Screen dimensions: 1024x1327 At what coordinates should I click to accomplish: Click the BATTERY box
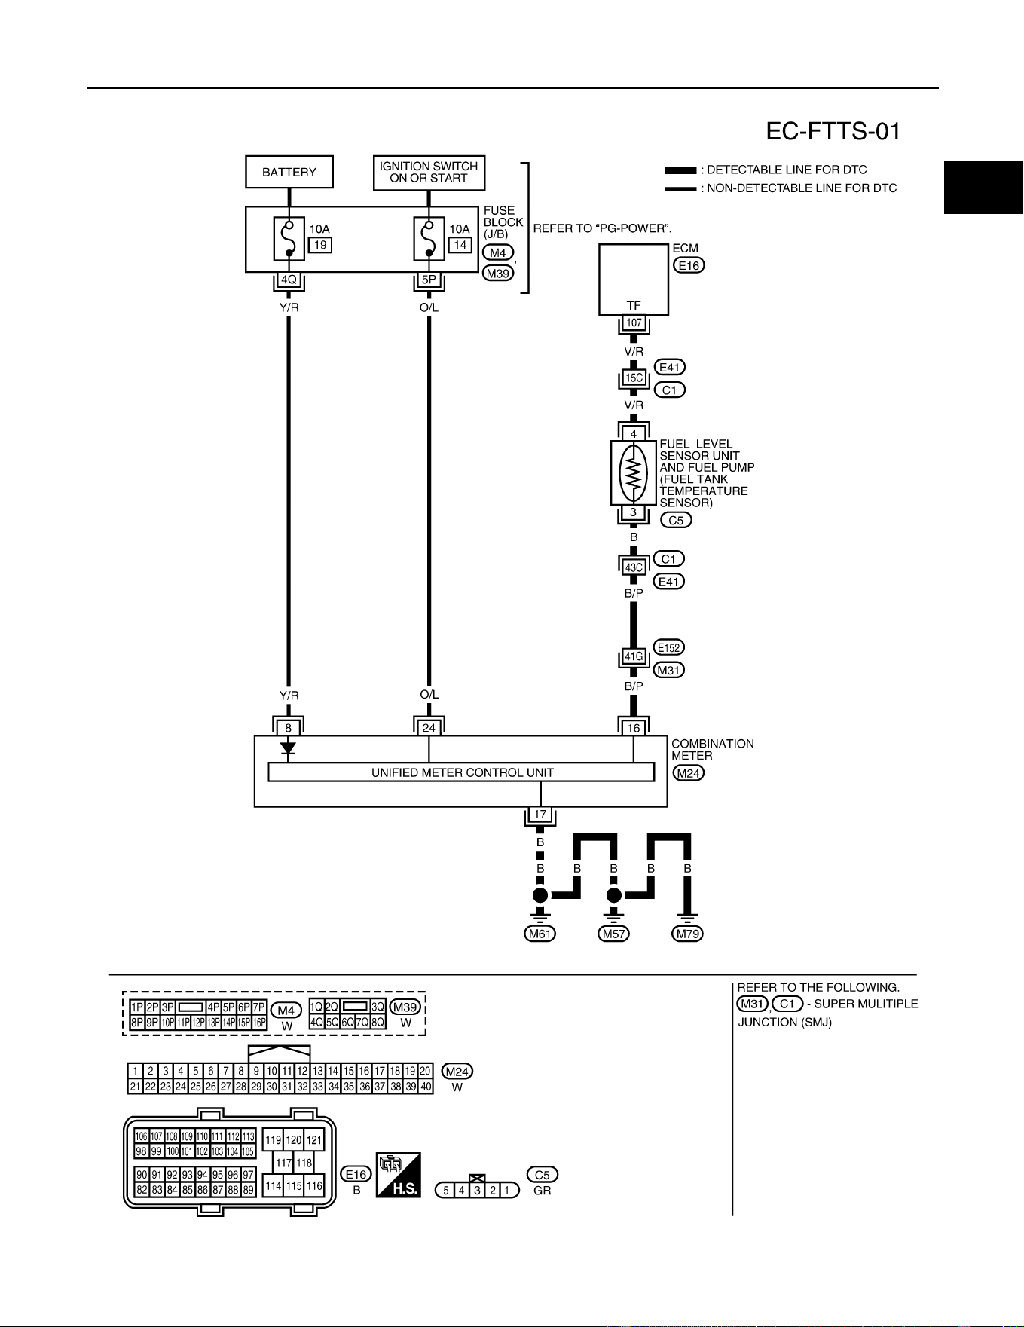click(x=289, y=172)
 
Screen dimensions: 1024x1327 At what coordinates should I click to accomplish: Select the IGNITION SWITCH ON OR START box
click(x=429, y=173)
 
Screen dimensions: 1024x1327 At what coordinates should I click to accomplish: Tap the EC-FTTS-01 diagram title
click(x=833, y=132)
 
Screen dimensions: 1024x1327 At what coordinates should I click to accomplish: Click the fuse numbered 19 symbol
click(x=289, y=239)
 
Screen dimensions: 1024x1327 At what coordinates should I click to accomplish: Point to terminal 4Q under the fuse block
click(x=289, y=280)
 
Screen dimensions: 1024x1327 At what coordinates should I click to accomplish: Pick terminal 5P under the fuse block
click(x=429, y=280)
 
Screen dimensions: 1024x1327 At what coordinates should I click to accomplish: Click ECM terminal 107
click(x=634, y=323)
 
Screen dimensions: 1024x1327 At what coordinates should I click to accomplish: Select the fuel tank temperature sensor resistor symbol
click(x=633, y=472)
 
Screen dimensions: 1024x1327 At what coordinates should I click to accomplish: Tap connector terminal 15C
click(x=634, y=378)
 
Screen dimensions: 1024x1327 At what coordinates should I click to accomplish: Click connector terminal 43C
click(x=634, y=567)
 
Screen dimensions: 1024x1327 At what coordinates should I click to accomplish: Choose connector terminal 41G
click(x=634, y=656)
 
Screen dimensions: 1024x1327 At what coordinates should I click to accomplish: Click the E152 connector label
click(x=669, y=647)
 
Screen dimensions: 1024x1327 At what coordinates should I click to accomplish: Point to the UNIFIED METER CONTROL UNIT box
click(x=461, y=772)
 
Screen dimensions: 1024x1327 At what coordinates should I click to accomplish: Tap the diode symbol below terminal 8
click(x=288, y=748)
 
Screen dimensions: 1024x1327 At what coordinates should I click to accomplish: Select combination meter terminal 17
click(x=540, y=815)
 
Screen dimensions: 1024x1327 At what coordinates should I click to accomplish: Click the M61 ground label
click(x=540, y=934)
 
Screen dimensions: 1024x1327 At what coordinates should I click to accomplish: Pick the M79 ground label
click(x=687, y=934)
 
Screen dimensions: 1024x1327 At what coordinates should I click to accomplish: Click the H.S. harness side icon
click(x=399, y=1175)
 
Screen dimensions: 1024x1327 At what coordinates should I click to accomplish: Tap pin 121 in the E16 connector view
click(x=313, y=1140)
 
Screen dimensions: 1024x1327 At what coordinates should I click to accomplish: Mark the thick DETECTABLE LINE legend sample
click(x=680, y=170)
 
